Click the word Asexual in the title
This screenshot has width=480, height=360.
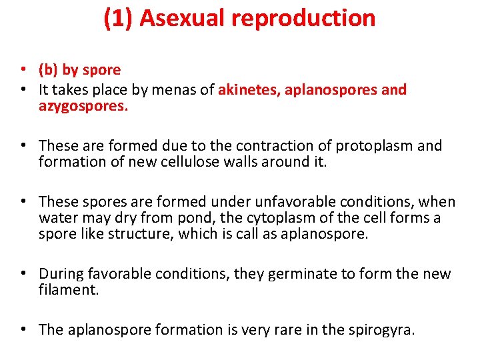click(181, 19)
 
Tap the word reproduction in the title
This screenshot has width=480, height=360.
click(303, 19)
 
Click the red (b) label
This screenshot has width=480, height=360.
click(48, 70)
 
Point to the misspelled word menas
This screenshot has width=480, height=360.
click(177, 90)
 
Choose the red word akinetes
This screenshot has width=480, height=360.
click(249, 90)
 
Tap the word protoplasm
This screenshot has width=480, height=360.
click(377, 146)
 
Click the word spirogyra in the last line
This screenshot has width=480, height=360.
click(379, 330)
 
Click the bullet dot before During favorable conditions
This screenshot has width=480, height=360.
click(23, 274)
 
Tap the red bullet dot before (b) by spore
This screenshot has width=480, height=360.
click(23, 70)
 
